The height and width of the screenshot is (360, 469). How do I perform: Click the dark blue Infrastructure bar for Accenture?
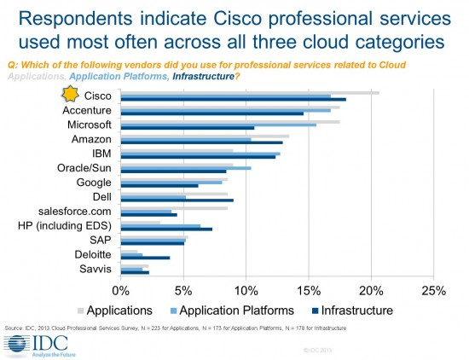212,113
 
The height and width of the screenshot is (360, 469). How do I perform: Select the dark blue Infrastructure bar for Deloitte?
146,257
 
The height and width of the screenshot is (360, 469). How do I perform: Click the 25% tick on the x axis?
433,290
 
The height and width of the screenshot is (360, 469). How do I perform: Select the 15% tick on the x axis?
308,290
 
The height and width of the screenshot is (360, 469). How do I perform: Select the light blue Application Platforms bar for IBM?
201,154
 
